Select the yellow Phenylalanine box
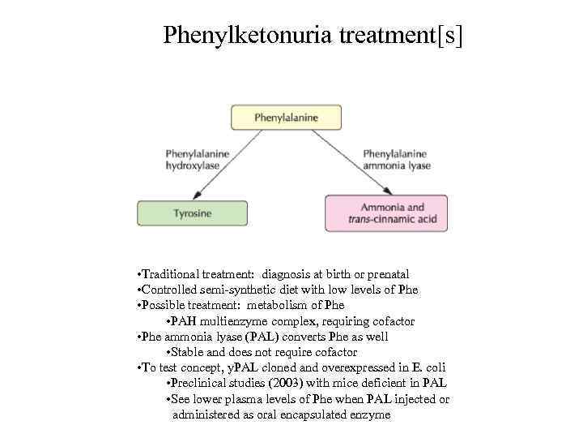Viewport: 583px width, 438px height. pos(287,118)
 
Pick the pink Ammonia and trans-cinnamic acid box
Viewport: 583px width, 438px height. pos(385,213)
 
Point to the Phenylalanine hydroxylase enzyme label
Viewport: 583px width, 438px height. pos(197,159)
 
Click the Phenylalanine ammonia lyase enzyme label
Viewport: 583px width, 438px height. pos(397,159)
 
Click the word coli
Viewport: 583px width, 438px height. pos(435,367)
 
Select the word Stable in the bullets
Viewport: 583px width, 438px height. pos(186,352)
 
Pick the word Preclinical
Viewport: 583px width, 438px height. pos(195,383)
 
